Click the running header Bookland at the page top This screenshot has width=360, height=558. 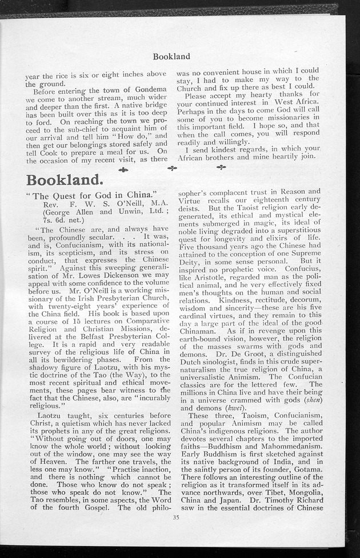pyautogui.click(x=171, y=56)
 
